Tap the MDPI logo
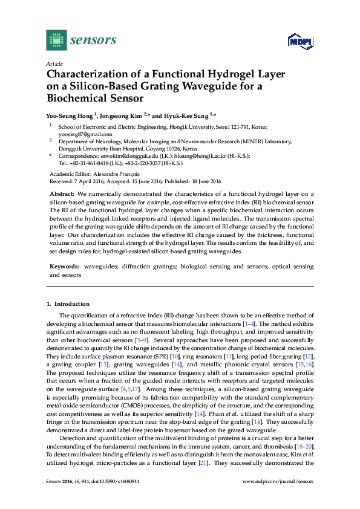tap(296, 42)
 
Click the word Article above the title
tap(53, 63)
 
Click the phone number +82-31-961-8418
tap(91, 163)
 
